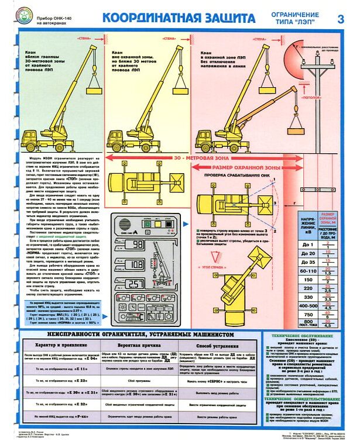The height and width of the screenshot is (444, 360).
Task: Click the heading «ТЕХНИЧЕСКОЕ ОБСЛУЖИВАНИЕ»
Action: pyautogui.click(x=311, y=338)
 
